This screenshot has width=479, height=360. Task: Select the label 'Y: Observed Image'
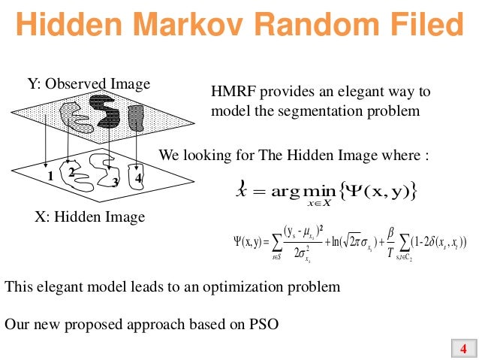click(x=89, y=83)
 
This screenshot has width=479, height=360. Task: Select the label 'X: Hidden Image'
click(x=89, y=217)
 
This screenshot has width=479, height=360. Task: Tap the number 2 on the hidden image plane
click(x=71, y=171)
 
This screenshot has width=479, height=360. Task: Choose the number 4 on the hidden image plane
click(x=139, y=178)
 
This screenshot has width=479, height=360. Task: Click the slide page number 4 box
click(x=462, y=348)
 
